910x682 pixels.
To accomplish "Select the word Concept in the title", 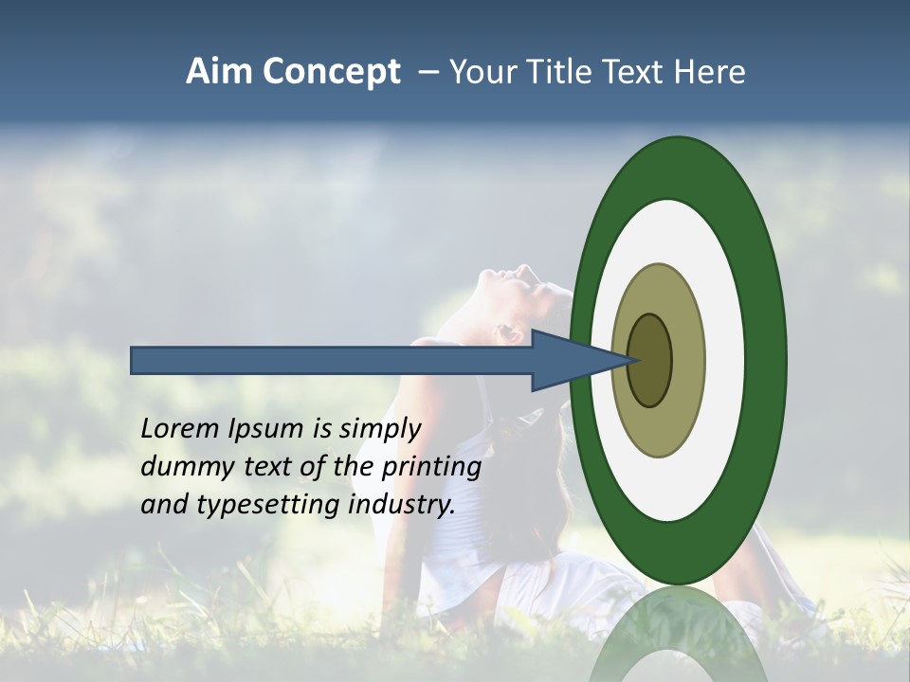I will tap(331, 73).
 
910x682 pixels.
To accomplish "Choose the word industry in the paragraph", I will tap(402, 505).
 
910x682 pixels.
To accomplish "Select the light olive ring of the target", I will tap(686, 360).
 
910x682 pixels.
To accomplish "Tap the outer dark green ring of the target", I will tap(765, 360).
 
